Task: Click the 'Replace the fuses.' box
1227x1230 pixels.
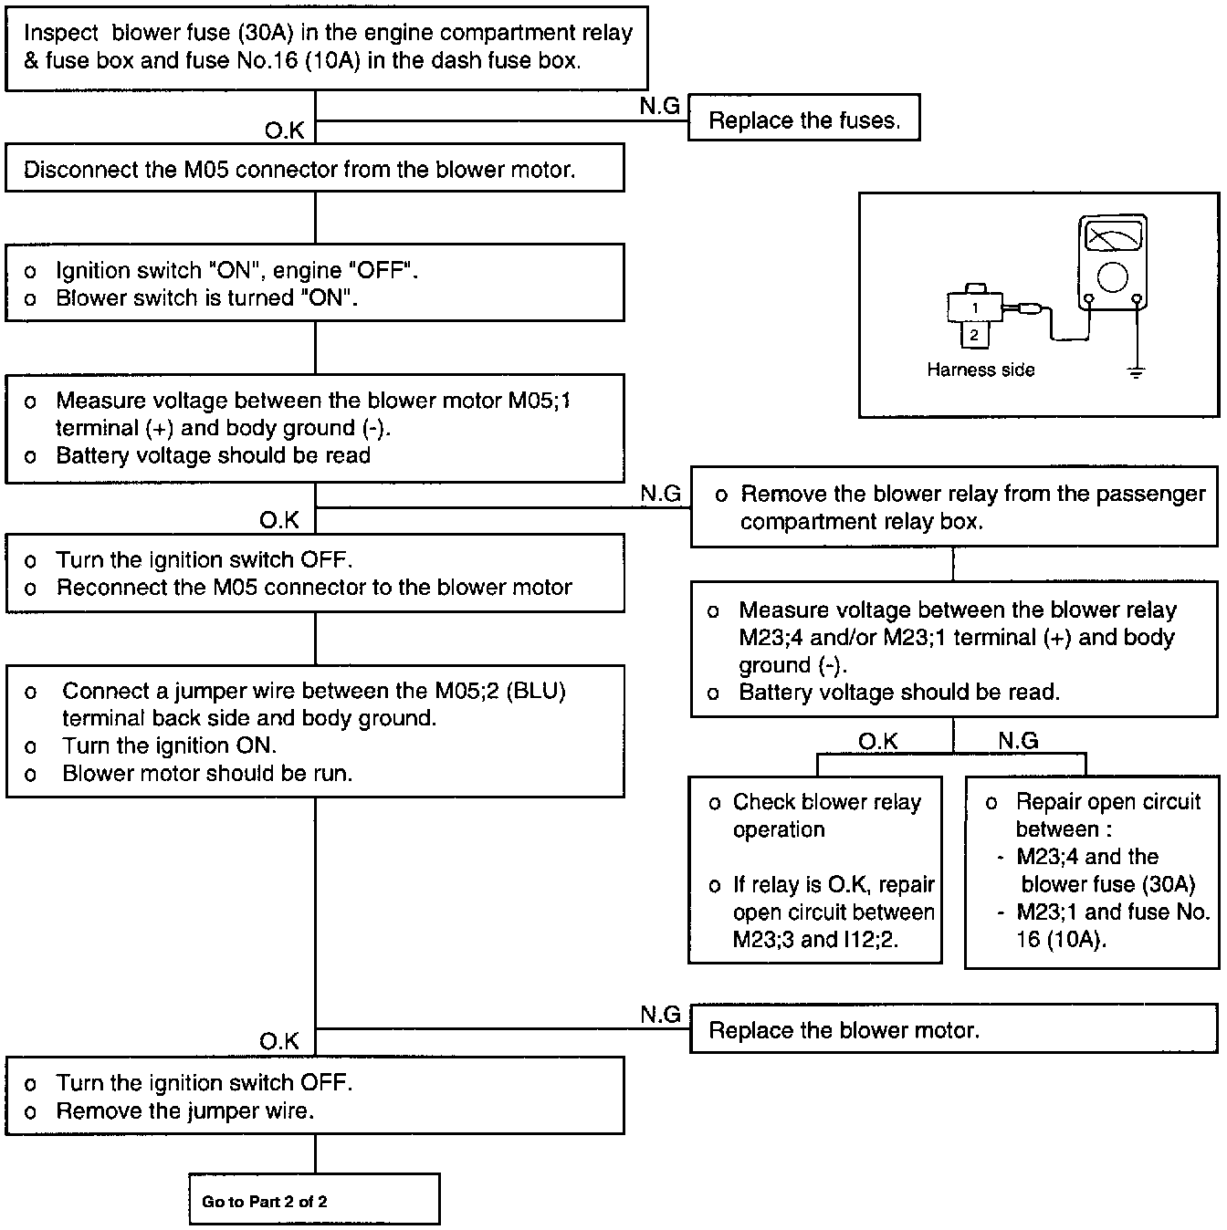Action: coord(803,118)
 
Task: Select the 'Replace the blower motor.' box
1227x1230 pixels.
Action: coord(953,1029)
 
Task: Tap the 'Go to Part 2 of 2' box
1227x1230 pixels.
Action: coord(314,1199)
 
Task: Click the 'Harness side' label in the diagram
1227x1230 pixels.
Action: coord(981,370)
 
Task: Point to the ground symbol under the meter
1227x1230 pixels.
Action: coord(1136,371)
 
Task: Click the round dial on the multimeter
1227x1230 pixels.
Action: coord(1112,276)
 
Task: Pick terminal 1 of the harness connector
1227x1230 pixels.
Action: coord(975,307)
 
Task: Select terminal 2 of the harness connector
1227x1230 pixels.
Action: coord(974,335)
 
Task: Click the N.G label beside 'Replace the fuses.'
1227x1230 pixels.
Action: coord(659,107)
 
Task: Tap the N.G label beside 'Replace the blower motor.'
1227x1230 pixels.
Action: coord(660,1014)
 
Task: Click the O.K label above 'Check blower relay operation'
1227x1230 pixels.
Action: coord(878,741)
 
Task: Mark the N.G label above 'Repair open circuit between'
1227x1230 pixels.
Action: coord(1018,741)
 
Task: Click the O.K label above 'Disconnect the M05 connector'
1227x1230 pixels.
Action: coord(284,131)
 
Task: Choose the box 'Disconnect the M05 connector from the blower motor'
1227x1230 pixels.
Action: coord(314,169)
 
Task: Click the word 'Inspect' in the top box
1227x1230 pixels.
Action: coord(60,34)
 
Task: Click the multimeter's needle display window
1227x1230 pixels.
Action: coord(1112,237)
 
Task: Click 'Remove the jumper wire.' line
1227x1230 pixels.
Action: coord(185,1110)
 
